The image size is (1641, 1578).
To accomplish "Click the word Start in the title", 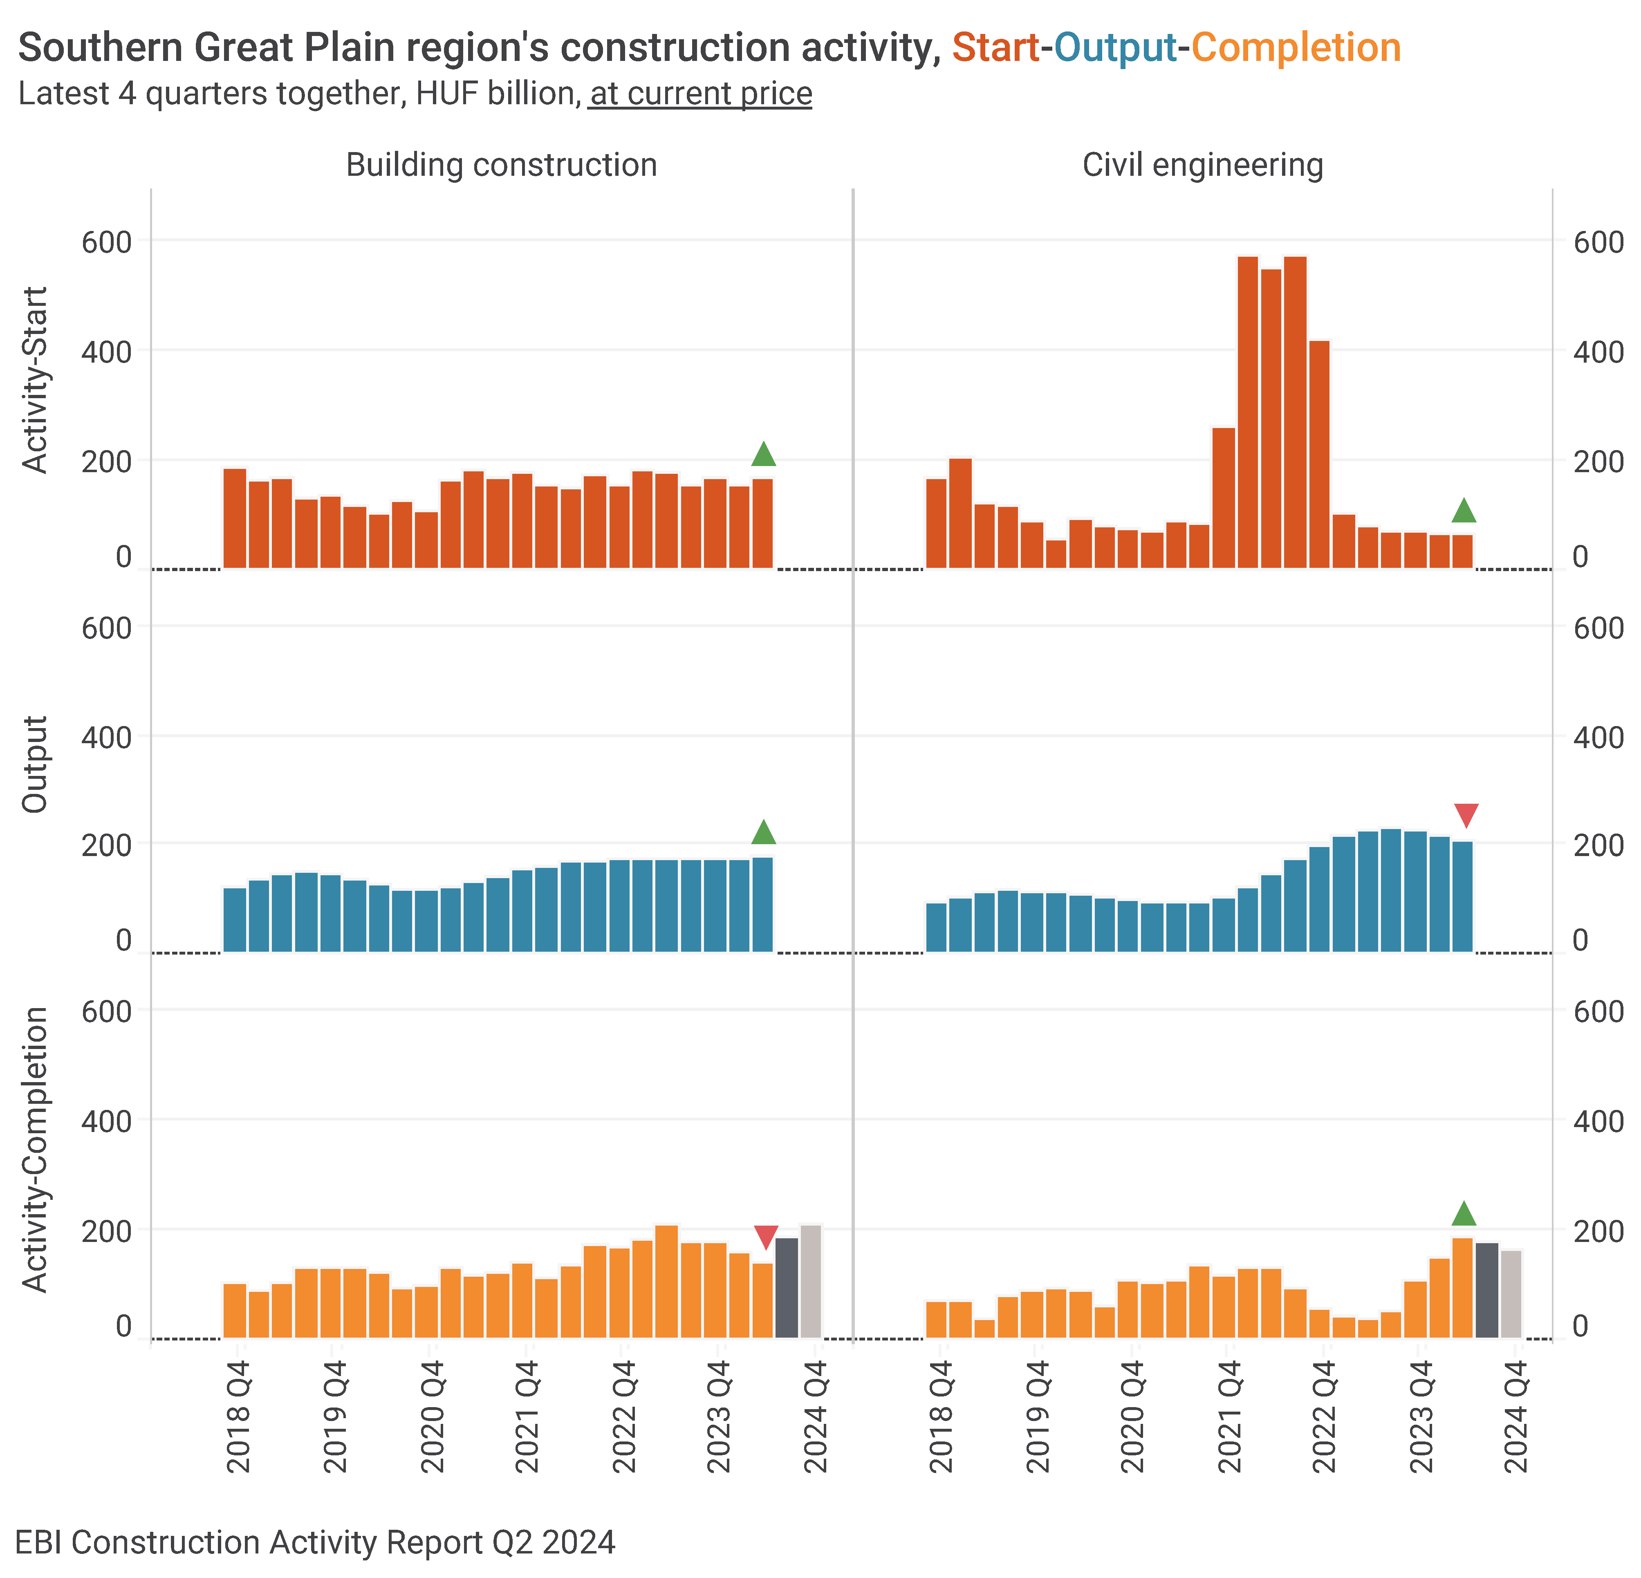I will point(995,48).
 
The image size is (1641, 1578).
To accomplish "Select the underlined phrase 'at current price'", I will point(701,94).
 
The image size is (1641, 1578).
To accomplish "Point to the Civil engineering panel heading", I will point(1202,165).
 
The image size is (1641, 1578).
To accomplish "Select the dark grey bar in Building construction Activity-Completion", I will point(787,1287).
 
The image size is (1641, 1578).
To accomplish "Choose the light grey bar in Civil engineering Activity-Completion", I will point(1511,1294).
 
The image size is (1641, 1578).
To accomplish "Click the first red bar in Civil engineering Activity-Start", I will point(936,523).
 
